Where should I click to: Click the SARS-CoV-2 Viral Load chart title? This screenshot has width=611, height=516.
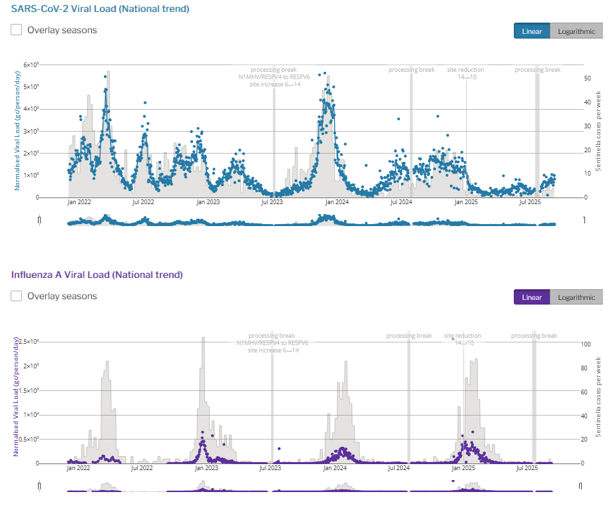tap(100, 9)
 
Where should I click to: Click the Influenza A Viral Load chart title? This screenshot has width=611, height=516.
tap(97, 274)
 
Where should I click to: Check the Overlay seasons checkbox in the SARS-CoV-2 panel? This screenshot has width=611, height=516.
tap(17, 30)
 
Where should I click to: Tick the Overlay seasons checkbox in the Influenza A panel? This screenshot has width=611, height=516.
tap(17, 296)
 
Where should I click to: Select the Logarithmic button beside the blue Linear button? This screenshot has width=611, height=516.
tap(576, 31)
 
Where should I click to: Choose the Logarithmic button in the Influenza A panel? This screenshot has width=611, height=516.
tap(576, 297)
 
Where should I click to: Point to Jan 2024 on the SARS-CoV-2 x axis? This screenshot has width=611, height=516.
tap(337, 202)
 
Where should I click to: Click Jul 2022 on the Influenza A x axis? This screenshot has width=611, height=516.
tap(143, 468)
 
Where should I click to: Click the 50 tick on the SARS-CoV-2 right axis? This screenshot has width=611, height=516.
tap(587, 78)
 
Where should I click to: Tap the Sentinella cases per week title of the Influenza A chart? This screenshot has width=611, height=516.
tap(598, 397)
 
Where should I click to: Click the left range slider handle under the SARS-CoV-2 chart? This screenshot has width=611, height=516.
tap(39, 220)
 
